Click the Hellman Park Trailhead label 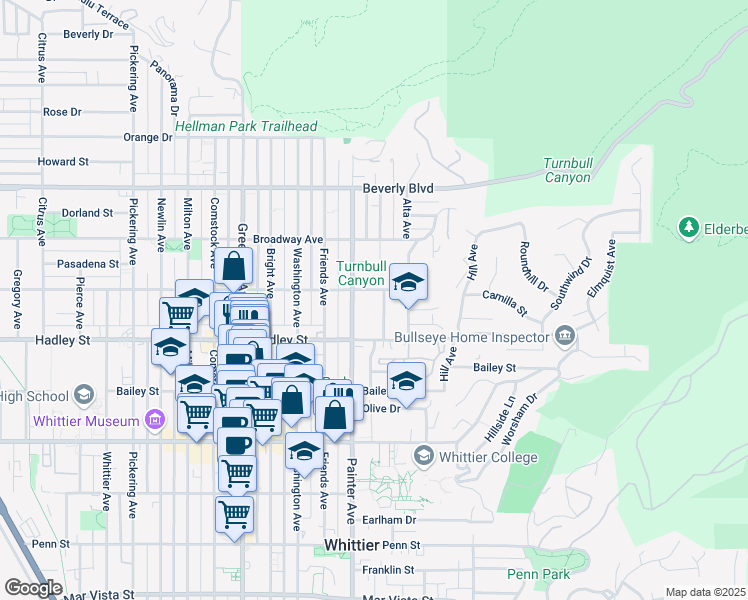coord(245,127)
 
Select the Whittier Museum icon coord(154,419)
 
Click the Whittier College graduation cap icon coord(423,456)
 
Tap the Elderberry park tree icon coord(688,229)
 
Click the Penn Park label coord(538,574)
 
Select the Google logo coord(33,587)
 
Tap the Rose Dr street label coord(62,112)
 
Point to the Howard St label coord(63,161)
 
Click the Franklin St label coord(389,570)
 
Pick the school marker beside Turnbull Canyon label coord(407,283)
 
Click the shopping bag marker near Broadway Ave coord(233,267)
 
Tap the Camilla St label coord(504,298)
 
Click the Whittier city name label coord(351,545)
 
